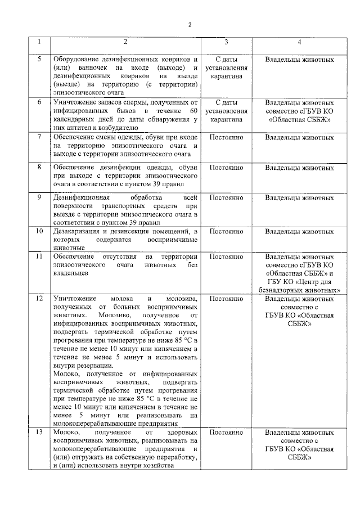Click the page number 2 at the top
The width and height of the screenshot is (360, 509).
tap(190, 24)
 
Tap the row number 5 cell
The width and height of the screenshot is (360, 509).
tap(39, 59)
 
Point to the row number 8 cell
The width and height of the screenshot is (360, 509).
tap(39, 167)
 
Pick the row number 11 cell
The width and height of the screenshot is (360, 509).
tap(39, 256)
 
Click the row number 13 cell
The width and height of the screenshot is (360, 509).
tap(39, 433)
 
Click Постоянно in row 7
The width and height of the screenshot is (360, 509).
tap(226, 137)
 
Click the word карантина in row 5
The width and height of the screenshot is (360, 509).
tap(226, 76)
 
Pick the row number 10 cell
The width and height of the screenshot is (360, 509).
tap(39, 231)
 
